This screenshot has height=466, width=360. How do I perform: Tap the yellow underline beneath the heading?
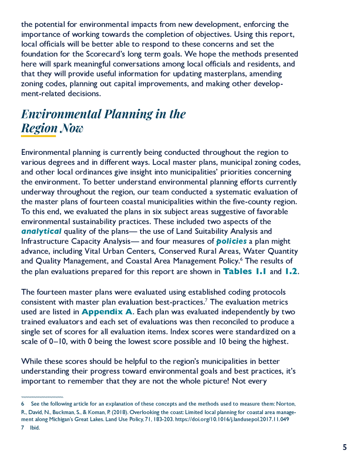(38, 136)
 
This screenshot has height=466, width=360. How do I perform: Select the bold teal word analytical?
(41, 231)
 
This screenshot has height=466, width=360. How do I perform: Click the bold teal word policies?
(231, 241)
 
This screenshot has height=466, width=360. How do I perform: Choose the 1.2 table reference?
(291, 271)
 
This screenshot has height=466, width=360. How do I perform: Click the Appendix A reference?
(107, 312)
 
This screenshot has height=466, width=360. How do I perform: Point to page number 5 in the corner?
(345, 447)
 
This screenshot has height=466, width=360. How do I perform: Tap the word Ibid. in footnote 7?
(35, 428)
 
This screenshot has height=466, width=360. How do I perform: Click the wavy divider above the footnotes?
(42, 397)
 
